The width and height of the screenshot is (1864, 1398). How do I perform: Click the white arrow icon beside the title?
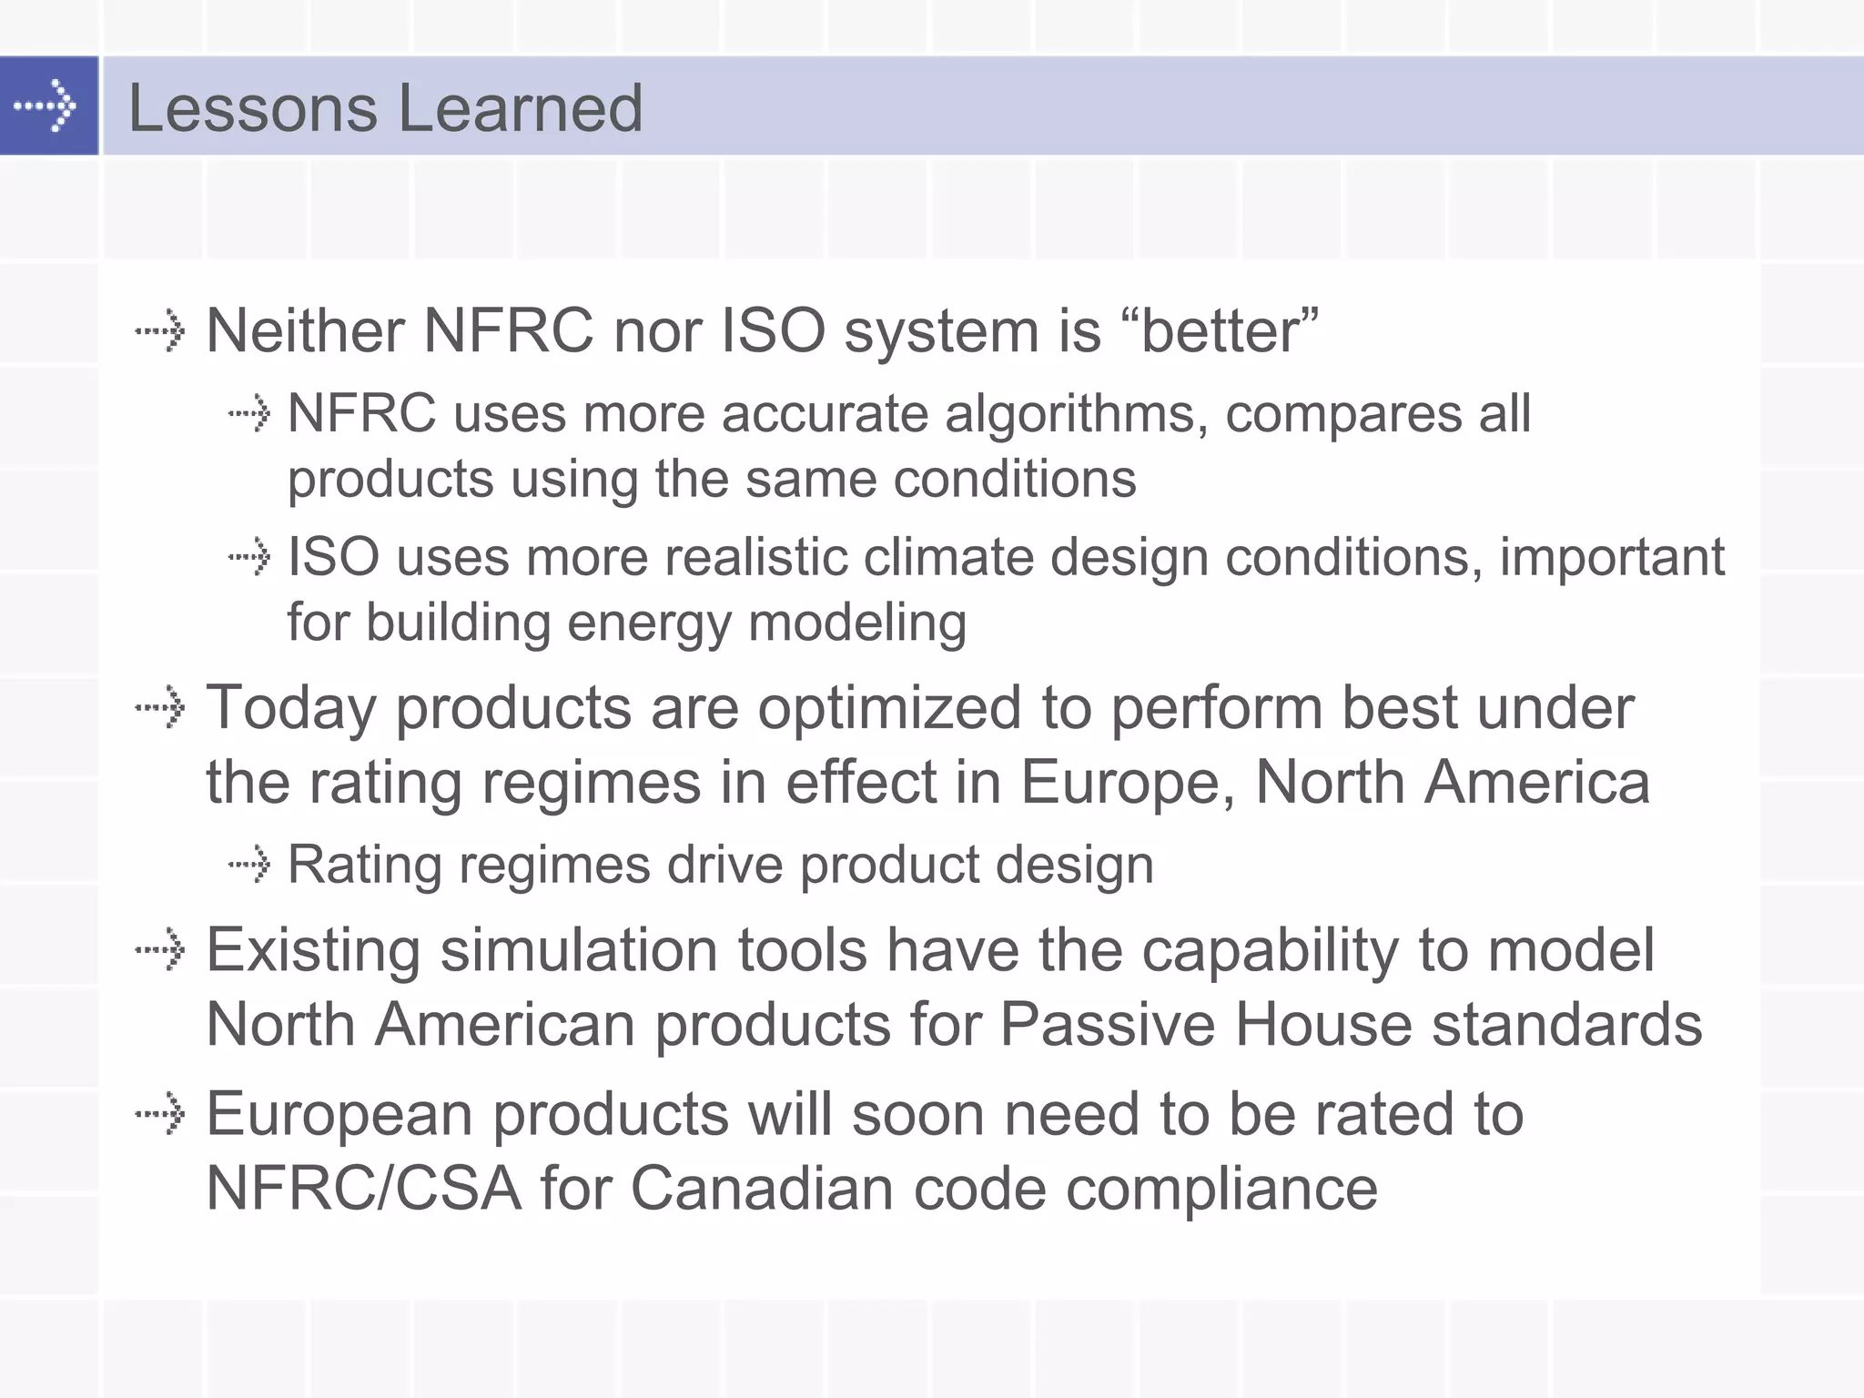tap(46, 106)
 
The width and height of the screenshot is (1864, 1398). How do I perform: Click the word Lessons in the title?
tap(252, 108)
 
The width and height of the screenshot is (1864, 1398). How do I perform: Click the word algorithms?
tap(1077, 415)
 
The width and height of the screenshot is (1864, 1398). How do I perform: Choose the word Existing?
tap(313, 950)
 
